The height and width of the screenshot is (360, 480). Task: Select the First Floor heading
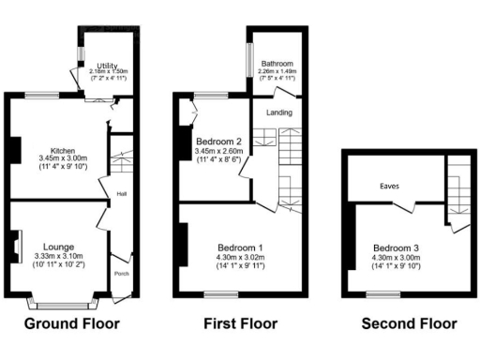click(x=241, y=324)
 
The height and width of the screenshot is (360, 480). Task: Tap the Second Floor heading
click(x=409, y=324)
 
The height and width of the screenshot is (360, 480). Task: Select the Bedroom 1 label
click(x=242, y=247)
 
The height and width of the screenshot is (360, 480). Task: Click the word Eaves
click(x=390, y=186)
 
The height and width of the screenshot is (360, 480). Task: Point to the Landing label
click(x=279, y=112)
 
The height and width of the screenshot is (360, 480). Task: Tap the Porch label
click(x=121, y=275)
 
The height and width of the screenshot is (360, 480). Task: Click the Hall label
click(x=122, y=194)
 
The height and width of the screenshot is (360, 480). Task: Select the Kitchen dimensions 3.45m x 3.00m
click(x=63, y=158)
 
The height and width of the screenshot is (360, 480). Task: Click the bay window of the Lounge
click(x=63, y=302)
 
